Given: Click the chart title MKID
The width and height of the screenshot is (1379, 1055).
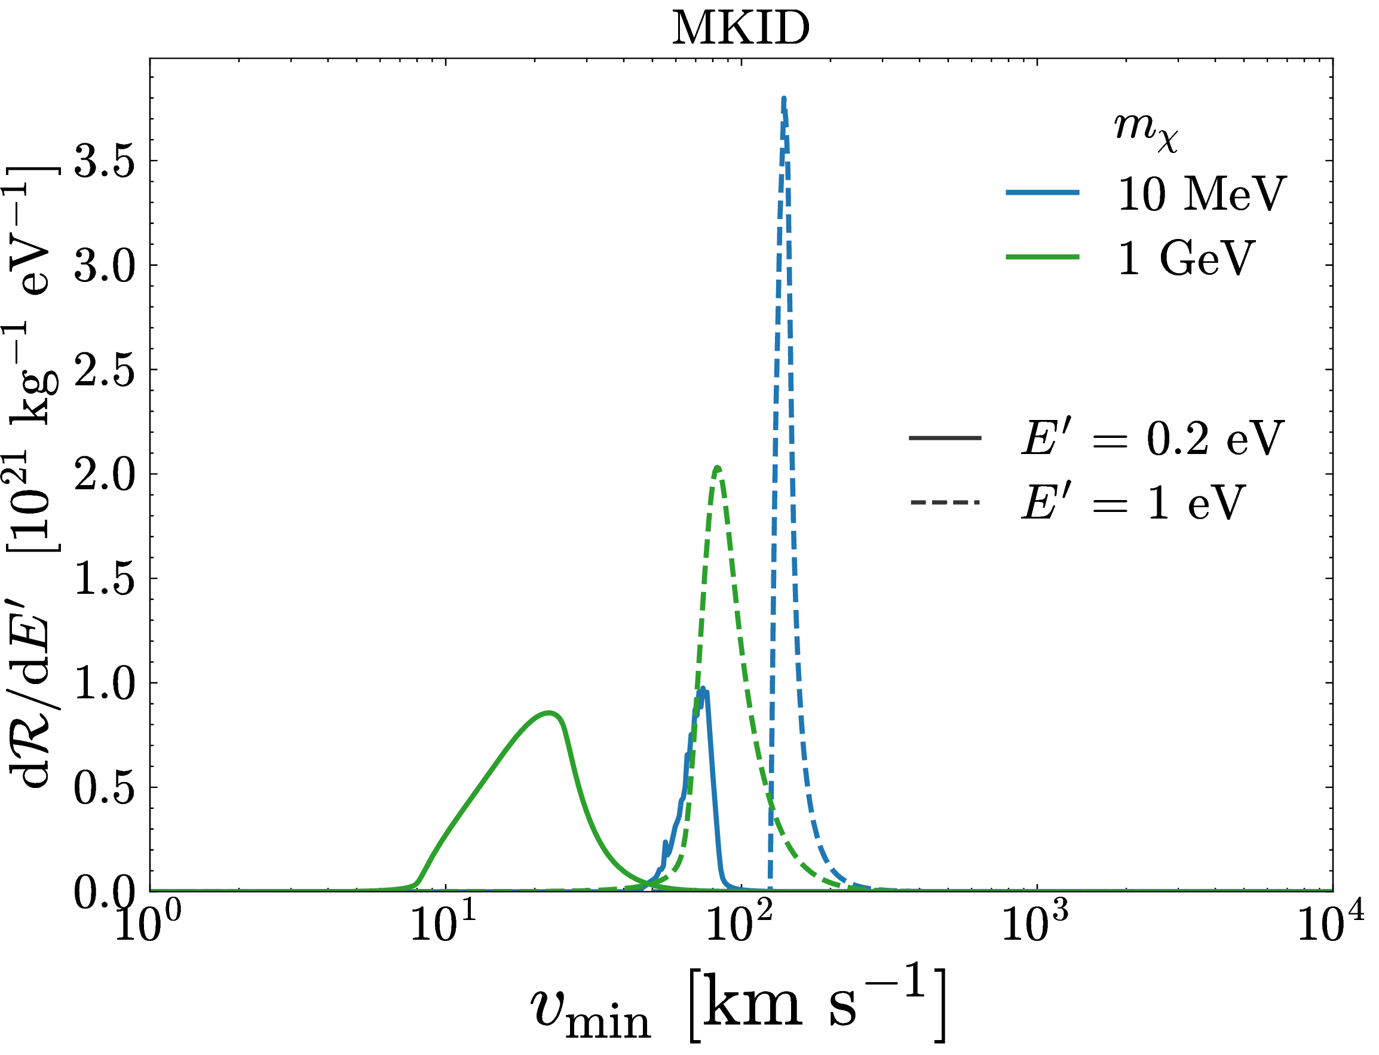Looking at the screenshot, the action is coord(740,28).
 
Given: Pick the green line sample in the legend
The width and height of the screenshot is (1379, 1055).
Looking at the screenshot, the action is coord(1043,257).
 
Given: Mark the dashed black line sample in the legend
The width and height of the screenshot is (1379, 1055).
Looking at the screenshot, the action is coord(945,502).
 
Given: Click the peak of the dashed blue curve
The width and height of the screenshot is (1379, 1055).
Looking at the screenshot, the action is coord(784,99).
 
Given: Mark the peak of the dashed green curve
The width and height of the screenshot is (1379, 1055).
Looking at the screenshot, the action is coord(717,467).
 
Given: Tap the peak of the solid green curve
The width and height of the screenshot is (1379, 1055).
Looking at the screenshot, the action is coord(550,713).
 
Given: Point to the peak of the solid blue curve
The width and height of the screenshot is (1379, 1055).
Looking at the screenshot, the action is coord(703,688).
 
